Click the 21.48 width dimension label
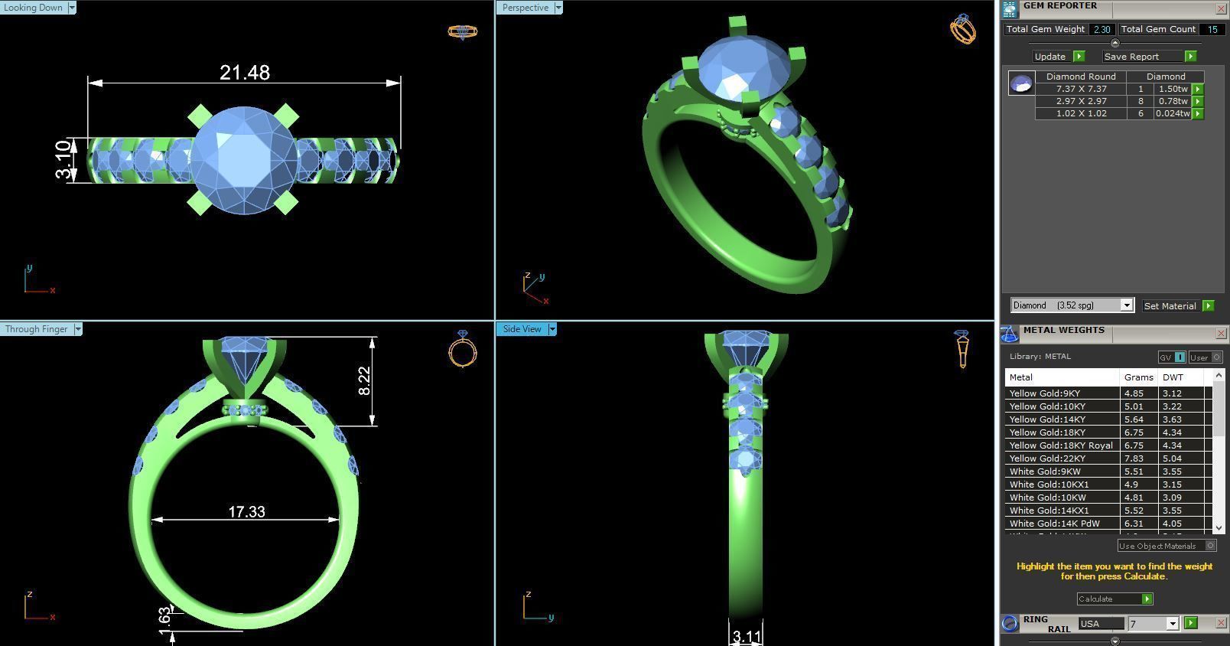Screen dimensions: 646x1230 244,73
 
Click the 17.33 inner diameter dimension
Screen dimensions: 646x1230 246,511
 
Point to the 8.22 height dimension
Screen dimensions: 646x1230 365,380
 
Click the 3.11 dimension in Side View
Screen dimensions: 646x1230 747,636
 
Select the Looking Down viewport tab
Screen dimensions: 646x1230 34,8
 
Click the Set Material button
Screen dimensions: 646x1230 1170,305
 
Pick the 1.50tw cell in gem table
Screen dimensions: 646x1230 1173,89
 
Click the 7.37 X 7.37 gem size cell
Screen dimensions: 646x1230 1081,89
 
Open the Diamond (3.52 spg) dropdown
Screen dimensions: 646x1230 1071,305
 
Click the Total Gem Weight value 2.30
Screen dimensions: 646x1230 1101,29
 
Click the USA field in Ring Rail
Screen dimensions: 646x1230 1100,624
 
